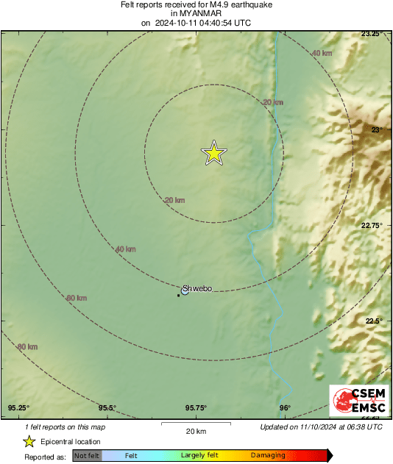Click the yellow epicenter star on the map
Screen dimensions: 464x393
click(213, 153)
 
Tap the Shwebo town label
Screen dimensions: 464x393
click(197, 288)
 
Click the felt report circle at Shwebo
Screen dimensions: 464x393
click(185, 291)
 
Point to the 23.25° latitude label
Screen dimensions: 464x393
click(371, 34)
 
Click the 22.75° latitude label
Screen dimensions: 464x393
click(372, 226)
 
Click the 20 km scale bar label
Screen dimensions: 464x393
click(195, 430)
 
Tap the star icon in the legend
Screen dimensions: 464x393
click(29, 442)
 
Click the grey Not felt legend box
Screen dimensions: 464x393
click(86, 456)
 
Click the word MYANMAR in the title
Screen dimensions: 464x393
click(196, 13)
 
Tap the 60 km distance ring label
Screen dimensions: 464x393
click(76, 298)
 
